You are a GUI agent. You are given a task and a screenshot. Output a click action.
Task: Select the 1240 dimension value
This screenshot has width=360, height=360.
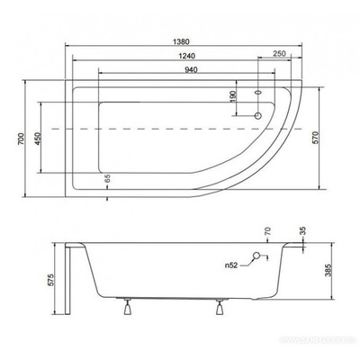181,56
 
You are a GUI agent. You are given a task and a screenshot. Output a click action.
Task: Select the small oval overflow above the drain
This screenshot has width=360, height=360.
260,92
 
